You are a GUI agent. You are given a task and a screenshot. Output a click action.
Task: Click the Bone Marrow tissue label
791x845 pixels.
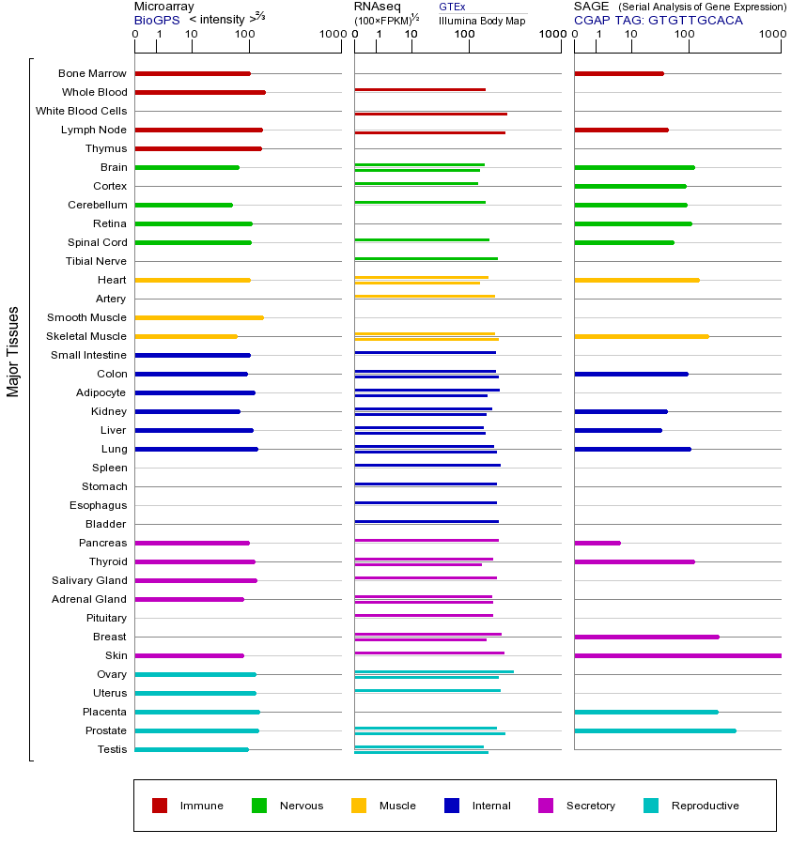(92, 73)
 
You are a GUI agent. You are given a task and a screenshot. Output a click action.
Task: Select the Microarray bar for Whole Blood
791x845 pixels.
(199, 92)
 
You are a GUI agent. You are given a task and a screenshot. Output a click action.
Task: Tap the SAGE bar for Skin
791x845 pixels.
(676, 655)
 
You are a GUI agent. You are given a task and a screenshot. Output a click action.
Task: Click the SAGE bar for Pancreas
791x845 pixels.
(597, 543)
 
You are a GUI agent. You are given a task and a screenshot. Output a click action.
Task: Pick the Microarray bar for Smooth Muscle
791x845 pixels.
(198, 317)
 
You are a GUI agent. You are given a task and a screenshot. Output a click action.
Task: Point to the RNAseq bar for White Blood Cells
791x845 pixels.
(430, 114)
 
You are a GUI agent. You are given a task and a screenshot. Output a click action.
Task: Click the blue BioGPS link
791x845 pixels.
(157, 20)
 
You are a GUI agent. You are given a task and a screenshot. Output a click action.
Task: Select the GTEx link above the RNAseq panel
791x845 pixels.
(452, 7)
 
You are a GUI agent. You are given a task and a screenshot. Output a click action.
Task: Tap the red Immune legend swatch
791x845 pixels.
(160, 806)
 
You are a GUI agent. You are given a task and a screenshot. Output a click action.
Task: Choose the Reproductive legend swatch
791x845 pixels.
(651, 806)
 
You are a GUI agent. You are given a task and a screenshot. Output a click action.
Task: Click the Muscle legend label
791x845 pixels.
(397, 806)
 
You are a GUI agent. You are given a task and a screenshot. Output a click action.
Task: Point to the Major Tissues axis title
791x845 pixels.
(13, 351)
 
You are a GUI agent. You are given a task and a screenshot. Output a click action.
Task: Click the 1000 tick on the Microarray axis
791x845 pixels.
(331, 36)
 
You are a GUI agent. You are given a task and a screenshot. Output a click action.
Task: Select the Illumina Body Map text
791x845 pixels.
(482, 21)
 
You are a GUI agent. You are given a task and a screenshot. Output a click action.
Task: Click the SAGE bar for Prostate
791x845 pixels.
(655, 730)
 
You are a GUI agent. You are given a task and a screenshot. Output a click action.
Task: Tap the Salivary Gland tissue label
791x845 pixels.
(89, 580)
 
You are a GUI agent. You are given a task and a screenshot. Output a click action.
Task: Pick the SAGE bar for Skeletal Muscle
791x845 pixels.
(641, 336)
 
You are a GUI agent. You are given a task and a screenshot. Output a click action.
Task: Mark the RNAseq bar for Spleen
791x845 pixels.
(427, 465)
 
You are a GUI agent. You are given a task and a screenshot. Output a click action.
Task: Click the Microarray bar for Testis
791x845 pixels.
(192, 749)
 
